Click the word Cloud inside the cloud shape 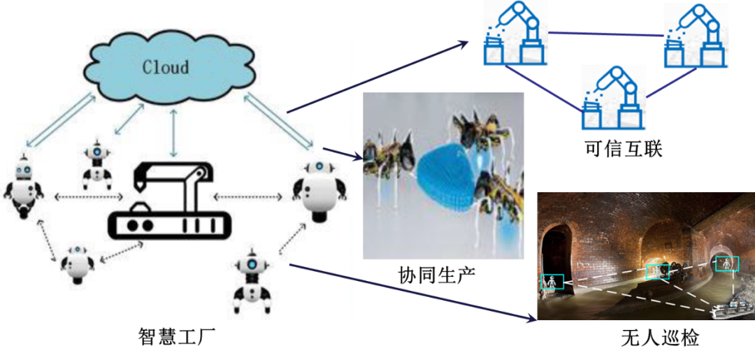[x=166, y=67]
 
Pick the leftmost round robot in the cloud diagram [x=24, y=185]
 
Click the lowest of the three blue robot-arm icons [x=614, y=97]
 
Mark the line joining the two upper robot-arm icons [x=605, y=34]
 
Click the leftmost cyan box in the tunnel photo [x=552, y=281]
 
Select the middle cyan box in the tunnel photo [x=657, y=272]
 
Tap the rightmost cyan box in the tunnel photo [x=727, y=264]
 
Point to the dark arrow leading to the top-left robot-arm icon [x=377, y=77]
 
